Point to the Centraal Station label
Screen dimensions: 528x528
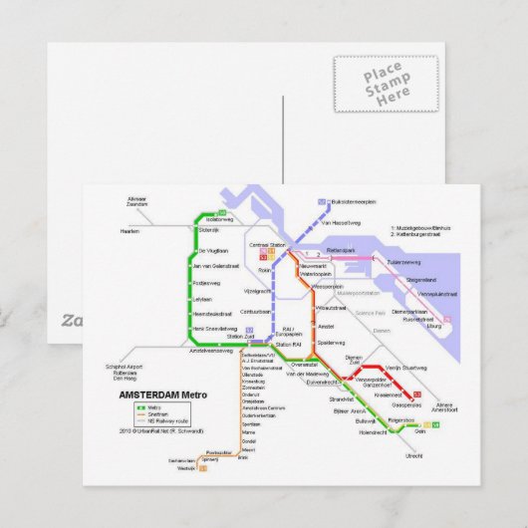[266, 244]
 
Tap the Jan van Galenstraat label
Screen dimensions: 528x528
[217, 266]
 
